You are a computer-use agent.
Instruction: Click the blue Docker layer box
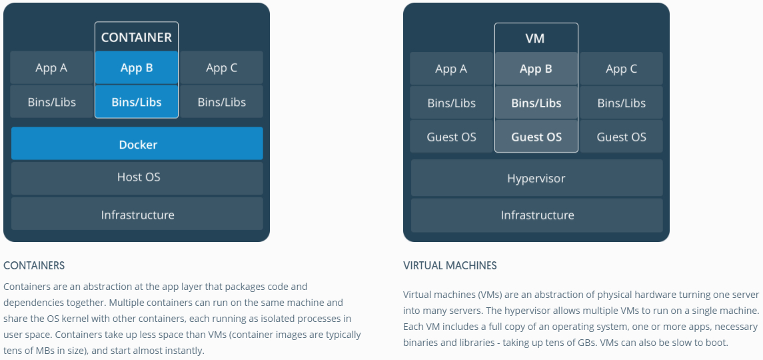(137, 144)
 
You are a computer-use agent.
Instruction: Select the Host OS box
(137, 177)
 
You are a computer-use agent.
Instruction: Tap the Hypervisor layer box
(536, 179)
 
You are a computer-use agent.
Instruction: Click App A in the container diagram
(51, 68)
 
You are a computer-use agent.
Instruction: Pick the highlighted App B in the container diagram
(137, 68)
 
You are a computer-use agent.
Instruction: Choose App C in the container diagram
(221, 68)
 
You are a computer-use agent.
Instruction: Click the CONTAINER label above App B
(137, 38)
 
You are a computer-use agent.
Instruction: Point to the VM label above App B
(535, 39)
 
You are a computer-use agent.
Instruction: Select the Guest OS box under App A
(451, 137)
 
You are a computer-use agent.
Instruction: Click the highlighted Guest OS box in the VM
(536, 137)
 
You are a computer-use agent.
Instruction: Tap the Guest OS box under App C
(621, 137)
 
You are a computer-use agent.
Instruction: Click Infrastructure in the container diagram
(137, 215)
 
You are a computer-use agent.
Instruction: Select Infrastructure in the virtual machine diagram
(536, 215)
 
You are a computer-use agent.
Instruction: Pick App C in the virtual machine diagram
(621, 69)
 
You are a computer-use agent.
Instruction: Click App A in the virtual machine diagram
(451, 69)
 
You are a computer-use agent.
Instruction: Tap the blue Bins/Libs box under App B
(137, 102)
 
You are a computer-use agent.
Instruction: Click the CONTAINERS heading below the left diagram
(34, 265)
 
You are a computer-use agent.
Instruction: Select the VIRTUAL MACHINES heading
(450, 265)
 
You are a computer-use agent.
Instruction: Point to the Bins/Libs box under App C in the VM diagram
(621, 103)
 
